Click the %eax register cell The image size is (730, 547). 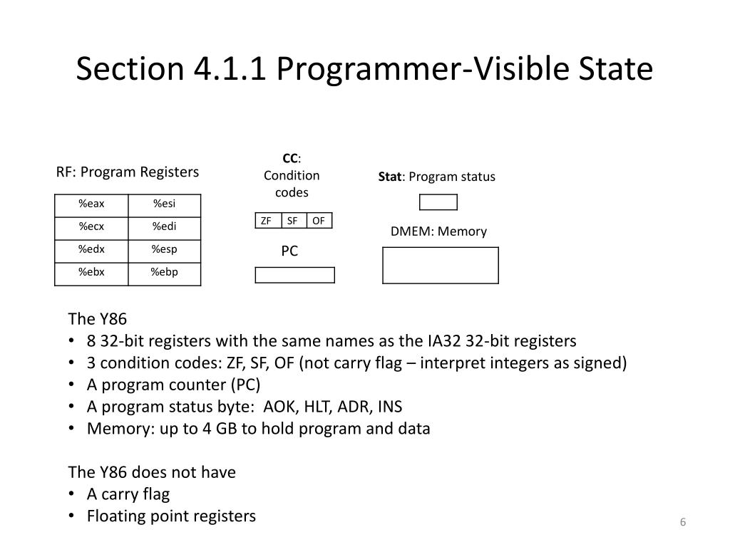(x=91, y=204)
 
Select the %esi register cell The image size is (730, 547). (x=164, y=204)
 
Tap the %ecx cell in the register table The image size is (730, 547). (x=91, y=227)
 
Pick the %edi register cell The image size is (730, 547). (x=164, y=227)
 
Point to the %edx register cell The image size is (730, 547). (x=91, y=249)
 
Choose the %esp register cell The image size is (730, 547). (x=164, y=249)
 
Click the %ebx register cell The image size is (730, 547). (x=91, y=272)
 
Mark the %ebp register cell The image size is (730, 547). (x=164, y=272)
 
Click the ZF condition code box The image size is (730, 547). (x=267, y=221)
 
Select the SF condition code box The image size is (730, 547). (x=293, y=221)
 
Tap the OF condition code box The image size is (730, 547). (x=319, y=221)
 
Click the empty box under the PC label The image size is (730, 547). (x=294, y=275)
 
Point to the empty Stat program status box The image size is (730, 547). (x=438, y=202)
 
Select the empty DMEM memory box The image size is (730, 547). (x=441, y=265)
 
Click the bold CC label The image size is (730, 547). (x=289, y=158)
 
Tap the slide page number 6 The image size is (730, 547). (x=682, y=523)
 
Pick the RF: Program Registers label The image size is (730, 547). (x=128, y=172)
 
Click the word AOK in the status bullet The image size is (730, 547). (x=279, y=407)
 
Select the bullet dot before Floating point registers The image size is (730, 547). (x=73, y=516)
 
